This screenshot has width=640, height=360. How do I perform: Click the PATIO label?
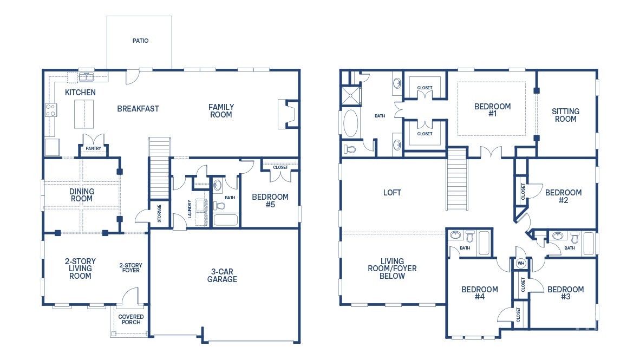click(x=140, y=41)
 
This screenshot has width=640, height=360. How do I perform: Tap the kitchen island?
click(x=83, y=113)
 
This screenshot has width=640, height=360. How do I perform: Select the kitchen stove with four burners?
click(x=51, y=110)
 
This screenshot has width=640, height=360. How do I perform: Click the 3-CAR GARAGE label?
click(x=222, y=276)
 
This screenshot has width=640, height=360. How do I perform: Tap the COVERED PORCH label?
click(x=131, y=319)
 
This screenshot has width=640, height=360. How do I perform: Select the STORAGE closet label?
click(x=159, y=213)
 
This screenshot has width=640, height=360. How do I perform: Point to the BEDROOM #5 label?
click(x=270, y=201)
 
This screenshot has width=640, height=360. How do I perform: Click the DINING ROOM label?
click(x=82, y=195)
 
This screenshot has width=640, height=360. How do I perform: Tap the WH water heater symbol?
click(x=521, y=263)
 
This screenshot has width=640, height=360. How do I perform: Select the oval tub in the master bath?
click(x=351, y=124)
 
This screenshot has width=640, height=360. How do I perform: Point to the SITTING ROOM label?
click(x=565, y=115)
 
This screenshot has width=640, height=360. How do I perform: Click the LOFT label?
click(x=392, y=192)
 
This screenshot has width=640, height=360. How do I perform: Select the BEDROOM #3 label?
click(x=565, y=293)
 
